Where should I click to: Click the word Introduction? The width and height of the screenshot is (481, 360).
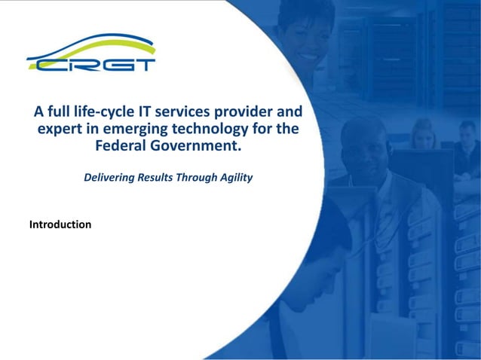click(60, 224)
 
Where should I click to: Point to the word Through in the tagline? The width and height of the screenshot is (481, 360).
click(196, 178)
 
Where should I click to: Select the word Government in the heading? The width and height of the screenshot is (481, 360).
click(197, 145)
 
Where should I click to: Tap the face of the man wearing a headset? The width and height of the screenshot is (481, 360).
click(361, 147)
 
